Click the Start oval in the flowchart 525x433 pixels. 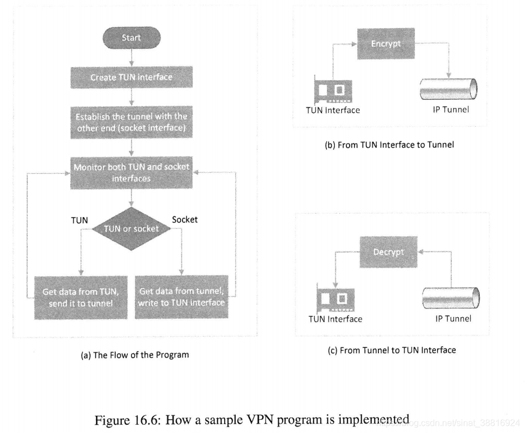(x=132, y=38)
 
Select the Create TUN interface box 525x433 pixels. (x=132, y=77)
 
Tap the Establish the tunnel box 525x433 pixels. (x=132, y=122)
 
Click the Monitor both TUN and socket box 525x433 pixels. (x=132, y=173)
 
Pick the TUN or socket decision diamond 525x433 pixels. (x=131, y=229)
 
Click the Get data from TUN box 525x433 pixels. (x=81, y=297)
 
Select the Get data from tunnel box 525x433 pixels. (x=181, y=297)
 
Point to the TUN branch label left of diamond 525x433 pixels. (x=80, y=220)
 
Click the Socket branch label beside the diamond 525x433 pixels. (x=185, y=219)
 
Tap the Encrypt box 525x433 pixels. (x=386, y=44)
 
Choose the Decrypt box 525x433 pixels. (x=388, y=252)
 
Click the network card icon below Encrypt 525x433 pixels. (x=333, y=90)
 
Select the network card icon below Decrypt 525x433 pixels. (x=335, y=298)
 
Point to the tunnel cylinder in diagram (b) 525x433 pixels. (x=449, y=89)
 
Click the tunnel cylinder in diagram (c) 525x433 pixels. (x=451, y=297)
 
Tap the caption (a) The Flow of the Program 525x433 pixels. (x=135, y=355)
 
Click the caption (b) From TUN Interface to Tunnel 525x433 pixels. (x=389, y=145)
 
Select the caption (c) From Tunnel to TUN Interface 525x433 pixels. (x=392, y=350)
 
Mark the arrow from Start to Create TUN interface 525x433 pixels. (x=132, y=58)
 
